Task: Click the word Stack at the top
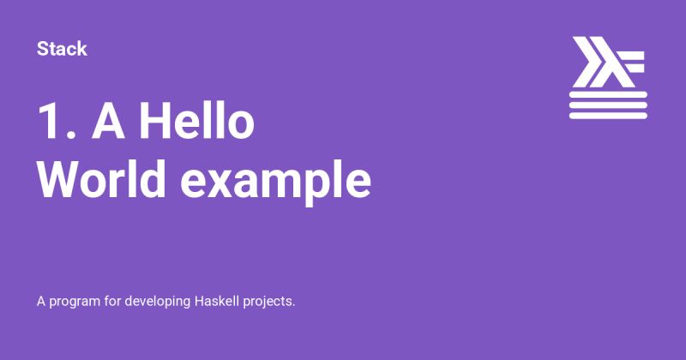click(62, 49)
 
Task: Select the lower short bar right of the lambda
click(639, 69)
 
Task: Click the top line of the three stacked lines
click(607, 93)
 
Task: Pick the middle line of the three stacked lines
click(607, 103)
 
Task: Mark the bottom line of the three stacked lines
click(607, 113)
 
